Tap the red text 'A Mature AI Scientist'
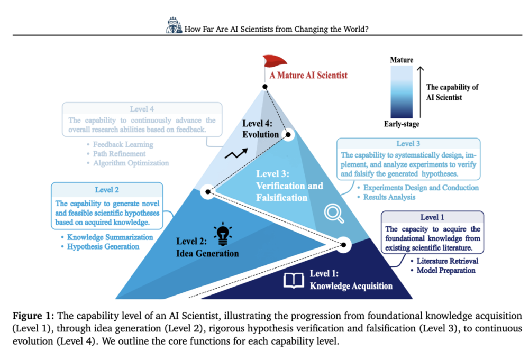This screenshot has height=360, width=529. (x=308, y=75)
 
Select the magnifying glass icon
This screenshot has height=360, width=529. (x=334, y=213)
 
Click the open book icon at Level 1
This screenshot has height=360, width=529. (x=294, y=280)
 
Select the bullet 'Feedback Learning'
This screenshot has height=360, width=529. (x=123, y=144)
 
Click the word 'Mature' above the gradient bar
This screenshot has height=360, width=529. (x=402, y=60)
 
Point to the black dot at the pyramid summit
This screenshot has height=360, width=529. (x=265, y=87)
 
